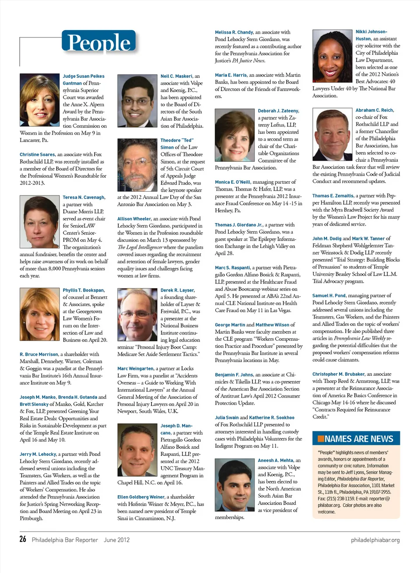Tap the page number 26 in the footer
click(x=23, y=539)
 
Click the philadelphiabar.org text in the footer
click(x=375, y=540)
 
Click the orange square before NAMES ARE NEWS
click(x=321, y=439)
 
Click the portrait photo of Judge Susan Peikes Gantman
click(x=39, y=100)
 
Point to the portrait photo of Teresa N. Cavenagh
click(x=39, y=221)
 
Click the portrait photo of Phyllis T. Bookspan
click(x=39, y=314)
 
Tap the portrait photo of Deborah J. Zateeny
click(x=234, y=135)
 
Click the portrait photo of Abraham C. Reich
click(x=332, y=135)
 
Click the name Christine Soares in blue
click(x=37, y=154)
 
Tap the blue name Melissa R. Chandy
click(x=234, y=32)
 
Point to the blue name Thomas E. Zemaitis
click(x=333, y=196)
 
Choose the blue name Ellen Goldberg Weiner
click(x=141, y=497)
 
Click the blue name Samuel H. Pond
click(x=329, y=296)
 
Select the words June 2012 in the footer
click(x=116, y=540)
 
